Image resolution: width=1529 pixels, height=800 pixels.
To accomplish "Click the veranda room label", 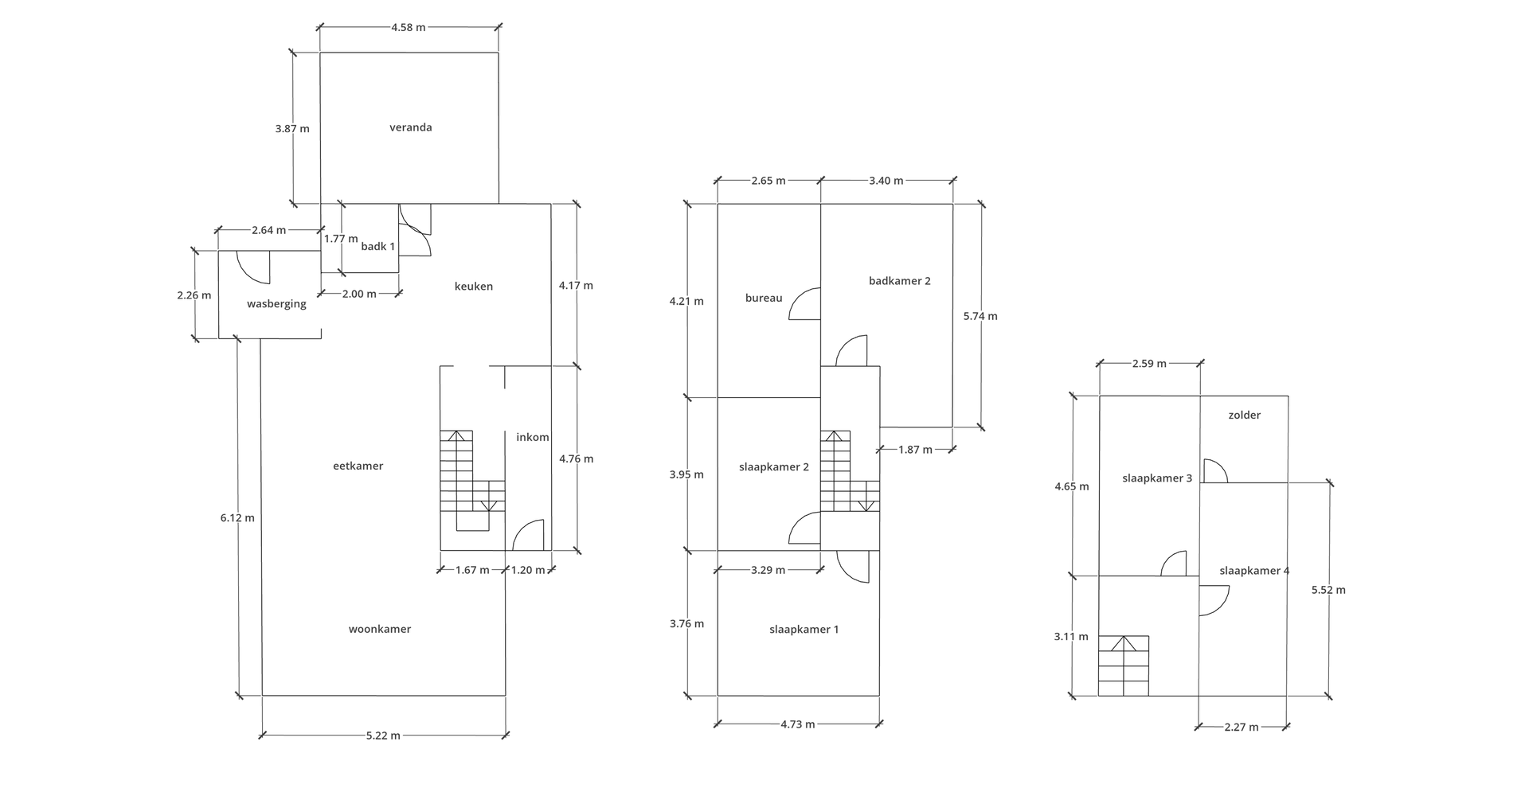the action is (411, 127).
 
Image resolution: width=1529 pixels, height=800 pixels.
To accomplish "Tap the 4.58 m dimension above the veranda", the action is (409, 27).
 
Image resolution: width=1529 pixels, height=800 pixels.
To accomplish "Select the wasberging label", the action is (276, 304).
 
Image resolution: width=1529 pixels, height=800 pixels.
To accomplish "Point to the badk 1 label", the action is (378, 247).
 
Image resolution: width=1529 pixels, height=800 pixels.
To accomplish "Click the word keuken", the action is (474, 287).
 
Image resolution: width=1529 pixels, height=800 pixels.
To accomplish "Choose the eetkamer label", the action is (358, 466).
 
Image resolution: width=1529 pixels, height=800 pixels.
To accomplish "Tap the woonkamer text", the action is (380, 629).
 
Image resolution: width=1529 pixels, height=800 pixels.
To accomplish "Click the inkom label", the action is (533, 437).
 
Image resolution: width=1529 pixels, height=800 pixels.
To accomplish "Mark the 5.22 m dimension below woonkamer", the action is (383, 736).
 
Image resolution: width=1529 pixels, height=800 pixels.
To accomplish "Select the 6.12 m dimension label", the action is (237, 517).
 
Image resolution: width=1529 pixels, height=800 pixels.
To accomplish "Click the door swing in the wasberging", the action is (253, 267).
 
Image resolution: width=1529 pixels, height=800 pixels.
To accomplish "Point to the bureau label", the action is (764, 298).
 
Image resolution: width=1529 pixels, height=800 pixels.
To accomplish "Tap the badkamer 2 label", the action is (900, 280).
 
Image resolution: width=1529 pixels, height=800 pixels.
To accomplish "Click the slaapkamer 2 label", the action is (774, 466).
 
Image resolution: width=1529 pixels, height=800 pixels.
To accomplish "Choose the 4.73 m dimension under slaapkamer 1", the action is (798, 724).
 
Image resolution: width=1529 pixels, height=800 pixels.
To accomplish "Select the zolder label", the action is (1245, 415).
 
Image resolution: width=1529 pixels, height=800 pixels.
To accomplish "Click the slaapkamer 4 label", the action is (1254, 571).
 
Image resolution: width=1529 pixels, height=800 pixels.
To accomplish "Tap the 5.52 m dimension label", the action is (1328, 590).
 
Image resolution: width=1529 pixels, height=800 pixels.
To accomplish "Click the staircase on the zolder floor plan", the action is (1124, 665).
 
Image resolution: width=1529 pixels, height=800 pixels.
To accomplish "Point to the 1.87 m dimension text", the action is (915, 450).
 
